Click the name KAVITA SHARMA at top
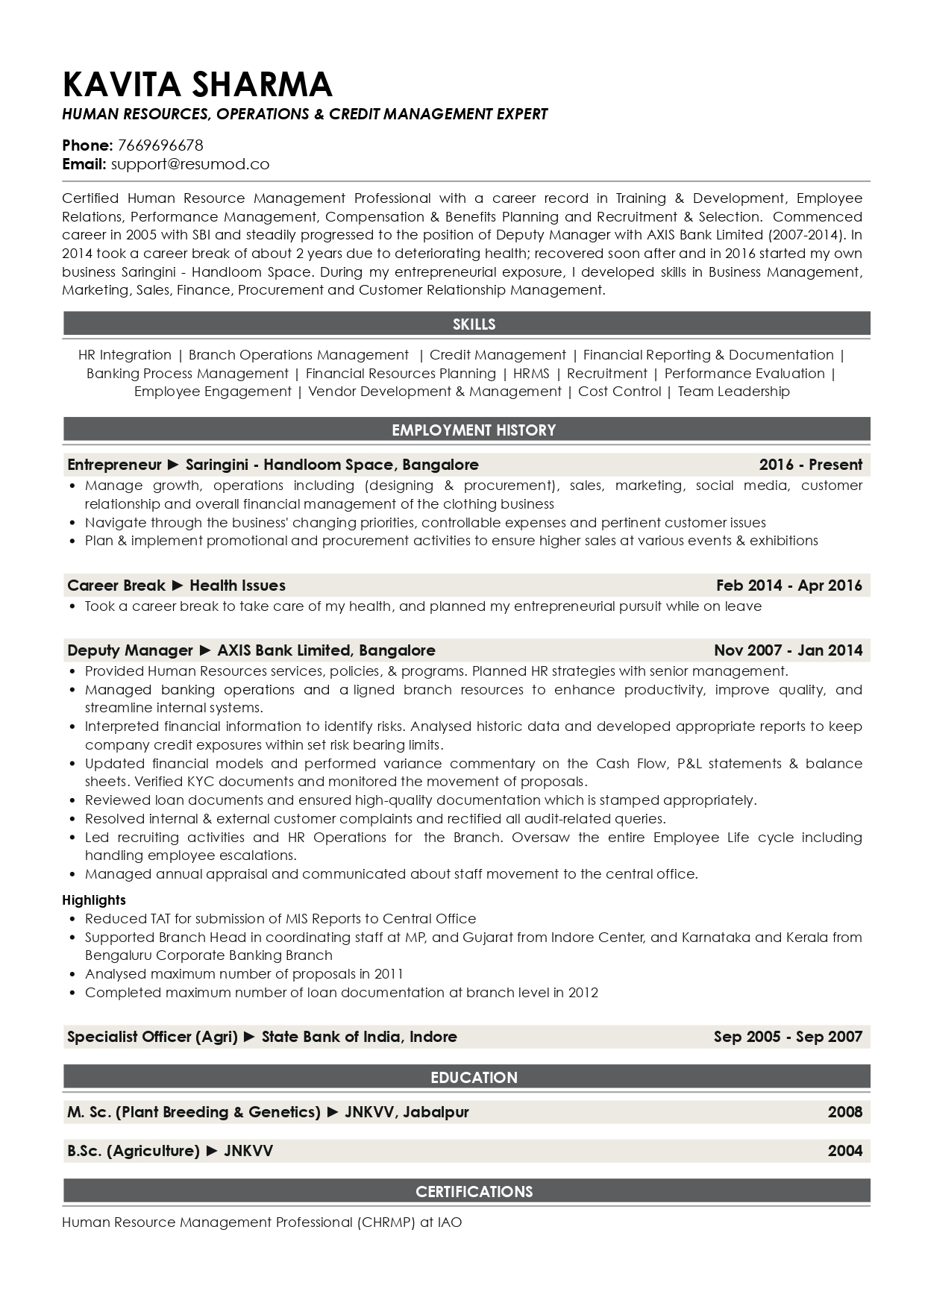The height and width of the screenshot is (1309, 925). coord(198,84)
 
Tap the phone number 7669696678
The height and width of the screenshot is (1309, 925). coord(160,145)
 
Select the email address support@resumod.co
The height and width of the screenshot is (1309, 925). coord(189,164)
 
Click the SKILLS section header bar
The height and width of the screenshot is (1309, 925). coord(474,324)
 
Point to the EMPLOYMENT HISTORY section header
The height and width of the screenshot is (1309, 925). coord(474,430)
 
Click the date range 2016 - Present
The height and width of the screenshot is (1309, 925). coord(810,465)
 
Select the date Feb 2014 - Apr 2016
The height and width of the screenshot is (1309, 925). coord(788,586)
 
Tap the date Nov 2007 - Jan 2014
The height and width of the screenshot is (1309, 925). coord(788,650)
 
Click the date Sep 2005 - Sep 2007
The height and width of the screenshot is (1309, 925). coord(788,1036)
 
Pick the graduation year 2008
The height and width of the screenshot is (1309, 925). coord(844,1112)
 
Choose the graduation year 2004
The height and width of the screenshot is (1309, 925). coord(844,1151)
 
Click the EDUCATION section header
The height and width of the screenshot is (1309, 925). coord(474,1077)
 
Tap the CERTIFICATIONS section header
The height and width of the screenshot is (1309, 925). coord(474,1191)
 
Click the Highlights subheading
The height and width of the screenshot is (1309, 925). coord(94,900)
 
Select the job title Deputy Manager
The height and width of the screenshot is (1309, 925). coord(130,650)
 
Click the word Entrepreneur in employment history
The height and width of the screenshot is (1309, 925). coord(114,465)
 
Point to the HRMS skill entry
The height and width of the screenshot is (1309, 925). coord(530,374)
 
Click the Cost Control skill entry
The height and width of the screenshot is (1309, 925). coord(619,392)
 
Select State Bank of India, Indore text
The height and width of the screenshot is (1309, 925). coord(359,1036)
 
